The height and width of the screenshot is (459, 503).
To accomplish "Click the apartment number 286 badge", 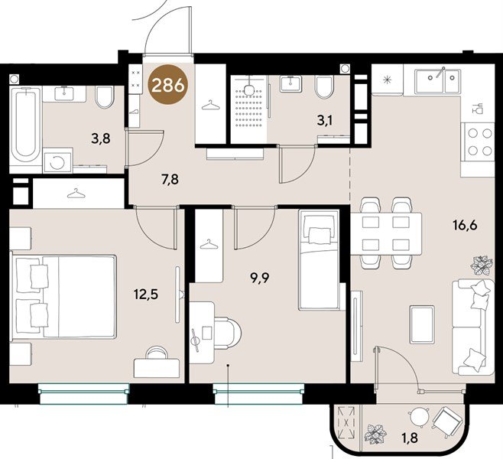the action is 167,84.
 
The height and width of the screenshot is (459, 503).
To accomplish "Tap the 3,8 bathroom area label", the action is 101,139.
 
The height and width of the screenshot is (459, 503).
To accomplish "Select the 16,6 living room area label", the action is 465,225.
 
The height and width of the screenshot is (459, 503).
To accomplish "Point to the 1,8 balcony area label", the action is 409,438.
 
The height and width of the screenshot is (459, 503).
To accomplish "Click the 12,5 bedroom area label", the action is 146,294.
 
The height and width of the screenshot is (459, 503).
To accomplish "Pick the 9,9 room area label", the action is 259,278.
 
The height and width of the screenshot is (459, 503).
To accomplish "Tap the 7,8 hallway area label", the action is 170,180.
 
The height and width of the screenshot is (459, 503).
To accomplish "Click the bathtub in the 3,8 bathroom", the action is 25,125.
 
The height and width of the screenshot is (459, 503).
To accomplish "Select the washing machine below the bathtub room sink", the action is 57,160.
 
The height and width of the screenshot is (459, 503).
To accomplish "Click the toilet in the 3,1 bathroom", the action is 324,87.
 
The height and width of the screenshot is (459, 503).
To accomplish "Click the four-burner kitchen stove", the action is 477,142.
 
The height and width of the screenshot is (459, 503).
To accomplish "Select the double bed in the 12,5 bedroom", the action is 63,296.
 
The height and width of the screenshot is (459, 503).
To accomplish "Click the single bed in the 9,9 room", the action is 319,259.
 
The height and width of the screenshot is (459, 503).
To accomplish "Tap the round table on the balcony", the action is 420,416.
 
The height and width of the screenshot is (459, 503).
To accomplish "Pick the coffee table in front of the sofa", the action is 422,324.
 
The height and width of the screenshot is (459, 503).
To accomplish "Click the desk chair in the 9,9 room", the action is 228,334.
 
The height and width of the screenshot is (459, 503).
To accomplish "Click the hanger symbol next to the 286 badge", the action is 210,105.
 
